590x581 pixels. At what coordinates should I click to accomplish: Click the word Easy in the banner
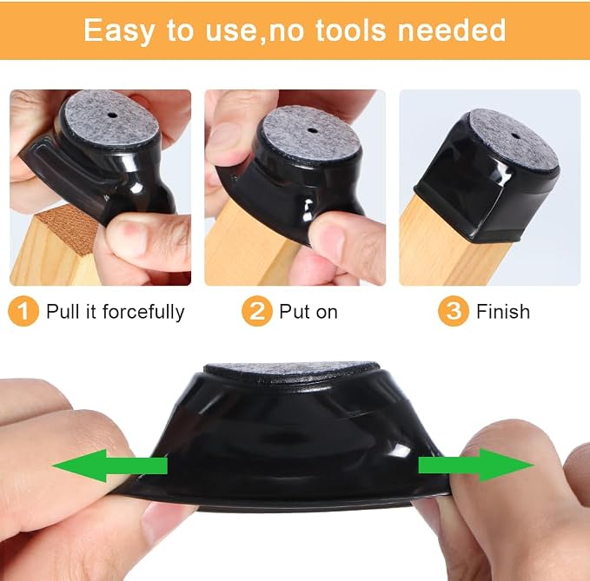click(118, 31)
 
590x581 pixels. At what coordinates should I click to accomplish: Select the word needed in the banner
click(452, 30)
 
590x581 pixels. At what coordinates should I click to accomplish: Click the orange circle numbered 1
click(23, 311)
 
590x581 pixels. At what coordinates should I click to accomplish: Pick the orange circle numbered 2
click(257, 311)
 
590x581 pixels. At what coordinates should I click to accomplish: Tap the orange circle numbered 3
click(454, 311)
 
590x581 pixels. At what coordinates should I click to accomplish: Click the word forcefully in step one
click(143, 312)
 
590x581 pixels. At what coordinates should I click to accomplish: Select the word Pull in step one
click(62, 312)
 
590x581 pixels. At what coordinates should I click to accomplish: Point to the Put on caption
click(308, 312)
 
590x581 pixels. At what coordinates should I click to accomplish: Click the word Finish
click(503, 312)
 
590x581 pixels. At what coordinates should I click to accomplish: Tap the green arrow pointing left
click(109, 465)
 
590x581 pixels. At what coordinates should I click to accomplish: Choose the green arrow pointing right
click(476, 465)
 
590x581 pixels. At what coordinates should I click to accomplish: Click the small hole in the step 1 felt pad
click(112, 116)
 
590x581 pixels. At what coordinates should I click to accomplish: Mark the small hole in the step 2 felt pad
click(312, 131)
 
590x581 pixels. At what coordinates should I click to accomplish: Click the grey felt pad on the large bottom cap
click(292, 371)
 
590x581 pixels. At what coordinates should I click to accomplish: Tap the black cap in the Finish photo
click(486, 177)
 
